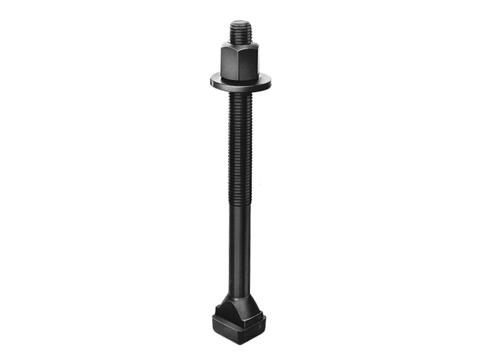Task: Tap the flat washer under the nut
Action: click(x=240, y=83)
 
